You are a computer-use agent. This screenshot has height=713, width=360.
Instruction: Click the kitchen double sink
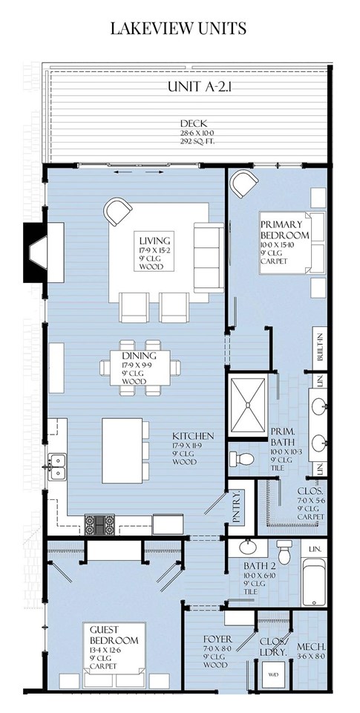(x=56, y=467)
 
